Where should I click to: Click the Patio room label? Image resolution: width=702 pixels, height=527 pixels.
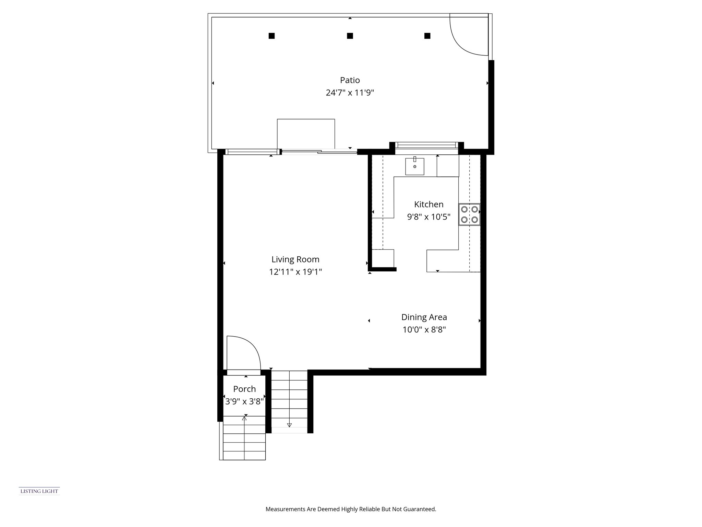350,80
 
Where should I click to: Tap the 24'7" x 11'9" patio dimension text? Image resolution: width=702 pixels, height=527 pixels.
350,93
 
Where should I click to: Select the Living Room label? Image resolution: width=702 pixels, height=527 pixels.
295,259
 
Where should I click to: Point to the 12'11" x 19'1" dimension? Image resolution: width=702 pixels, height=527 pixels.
295,272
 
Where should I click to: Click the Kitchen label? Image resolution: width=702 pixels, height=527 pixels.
428,204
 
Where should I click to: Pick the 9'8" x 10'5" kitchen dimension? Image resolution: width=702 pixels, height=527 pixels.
428,217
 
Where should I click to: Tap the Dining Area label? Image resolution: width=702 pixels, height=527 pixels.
424,317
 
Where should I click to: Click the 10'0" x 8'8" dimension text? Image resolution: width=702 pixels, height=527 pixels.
424,330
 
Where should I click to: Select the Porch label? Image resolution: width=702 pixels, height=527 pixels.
244,389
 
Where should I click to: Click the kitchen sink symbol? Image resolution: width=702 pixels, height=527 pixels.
415,166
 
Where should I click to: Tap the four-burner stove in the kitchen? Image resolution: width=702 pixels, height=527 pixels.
469,214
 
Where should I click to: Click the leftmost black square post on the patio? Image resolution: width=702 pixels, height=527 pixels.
271,36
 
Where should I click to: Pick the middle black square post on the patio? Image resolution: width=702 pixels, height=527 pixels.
350,36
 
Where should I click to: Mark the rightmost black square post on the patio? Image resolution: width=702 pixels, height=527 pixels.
427,36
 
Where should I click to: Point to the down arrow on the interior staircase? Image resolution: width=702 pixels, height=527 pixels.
289,425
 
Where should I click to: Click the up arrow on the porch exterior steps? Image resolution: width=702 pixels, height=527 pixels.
244,419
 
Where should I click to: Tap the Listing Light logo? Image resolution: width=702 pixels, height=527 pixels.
39,491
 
